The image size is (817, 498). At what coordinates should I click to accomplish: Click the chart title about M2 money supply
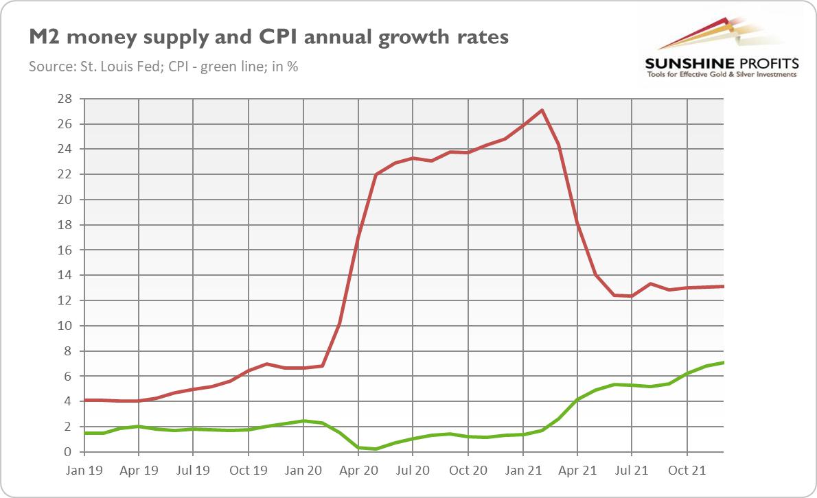tap(268, 37)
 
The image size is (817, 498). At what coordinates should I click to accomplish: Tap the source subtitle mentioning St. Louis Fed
tap(163, 67)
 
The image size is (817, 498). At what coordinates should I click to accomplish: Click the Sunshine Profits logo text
tap(721, 63)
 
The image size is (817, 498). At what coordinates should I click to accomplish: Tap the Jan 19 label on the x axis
tap(84, 472)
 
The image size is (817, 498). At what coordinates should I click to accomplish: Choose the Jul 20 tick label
tap(412, 472)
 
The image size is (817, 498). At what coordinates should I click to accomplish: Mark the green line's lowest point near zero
tap(376, 449)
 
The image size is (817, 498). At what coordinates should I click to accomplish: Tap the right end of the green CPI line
tap(724, 363)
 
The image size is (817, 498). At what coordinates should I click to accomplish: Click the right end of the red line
tap(724, 287)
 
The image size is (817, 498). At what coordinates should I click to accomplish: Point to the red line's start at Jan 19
tap(84, 400)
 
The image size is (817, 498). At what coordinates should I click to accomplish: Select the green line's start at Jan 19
tap(84, 433)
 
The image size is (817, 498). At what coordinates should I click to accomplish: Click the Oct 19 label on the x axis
tap(247, 472)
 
